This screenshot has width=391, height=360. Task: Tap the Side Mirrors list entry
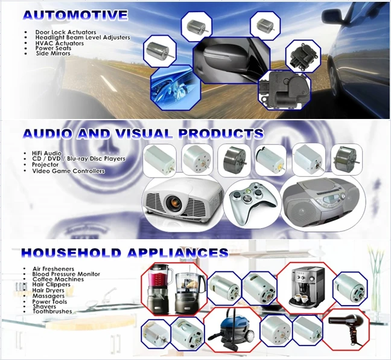click(x=53, y=54)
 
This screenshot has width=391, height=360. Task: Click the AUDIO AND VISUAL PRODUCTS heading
click(x=142, y=133)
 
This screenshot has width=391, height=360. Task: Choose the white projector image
click(x=182, y=201)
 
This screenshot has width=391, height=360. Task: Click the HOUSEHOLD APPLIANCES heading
click(x=124, y=252)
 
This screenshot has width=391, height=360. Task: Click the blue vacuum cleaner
click(x=233, y=330)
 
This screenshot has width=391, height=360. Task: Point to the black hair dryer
click(x=352, y=330)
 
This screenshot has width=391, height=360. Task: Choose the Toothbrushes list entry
click(x=52, y=312)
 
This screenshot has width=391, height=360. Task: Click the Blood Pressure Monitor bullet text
click(x=66, y=274)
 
